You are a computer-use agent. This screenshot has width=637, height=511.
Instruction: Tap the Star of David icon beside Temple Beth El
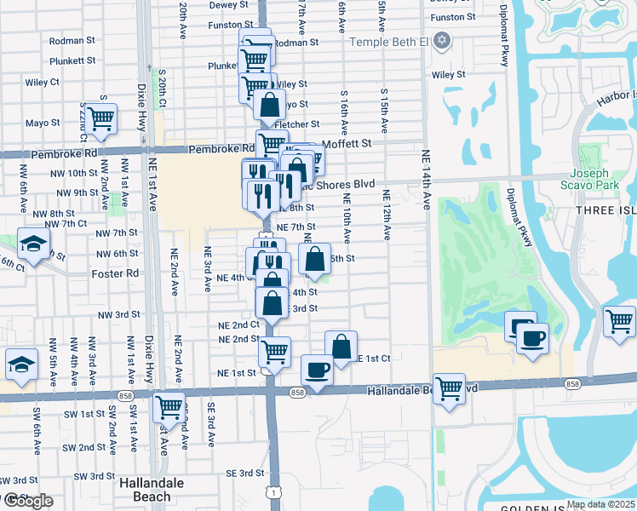[441, 40]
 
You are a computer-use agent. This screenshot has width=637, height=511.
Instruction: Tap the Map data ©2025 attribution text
[600, 504]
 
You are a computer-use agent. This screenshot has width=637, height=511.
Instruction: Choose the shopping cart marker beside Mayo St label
[100, 118]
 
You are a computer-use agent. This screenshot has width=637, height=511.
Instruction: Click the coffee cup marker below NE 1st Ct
[317, 370]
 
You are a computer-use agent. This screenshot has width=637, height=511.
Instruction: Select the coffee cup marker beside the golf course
[532, 339]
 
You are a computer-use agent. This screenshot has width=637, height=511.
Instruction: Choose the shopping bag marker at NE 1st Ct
[341, 347]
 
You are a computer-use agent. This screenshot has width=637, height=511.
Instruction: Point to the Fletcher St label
[297, 124]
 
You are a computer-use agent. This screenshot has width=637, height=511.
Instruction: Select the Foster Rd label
[115, 274]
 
